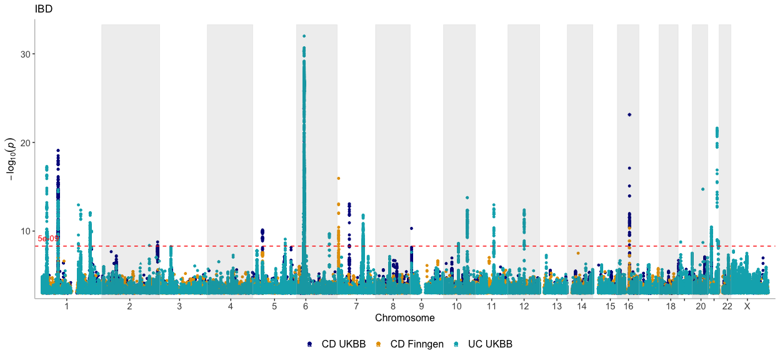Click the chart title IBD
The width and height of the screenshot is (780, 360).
point(44,8)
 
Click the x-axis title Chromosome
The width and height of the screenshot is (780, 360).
point(404,318)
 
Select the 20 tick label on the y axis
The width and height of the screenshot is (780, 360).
point(26,143)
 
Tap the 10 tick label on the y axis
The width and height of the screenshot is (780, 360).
point(26,231)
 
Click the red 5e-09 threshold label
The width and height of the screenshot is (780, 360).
point(48,239)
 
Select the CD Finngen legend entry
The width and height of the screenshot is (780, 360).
point(410,344)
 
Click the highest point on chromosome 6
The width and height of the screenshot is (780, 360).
point(304,36)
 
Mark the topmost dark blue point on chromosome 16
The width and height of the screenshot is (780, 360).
point(629,115)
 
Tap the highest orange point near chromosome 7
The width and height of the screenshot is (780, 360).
point(338,178)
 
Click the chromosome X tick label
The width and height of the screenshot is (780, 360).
point(747,307)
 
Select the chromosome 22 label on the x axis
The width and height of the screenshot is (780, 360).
point(727,307)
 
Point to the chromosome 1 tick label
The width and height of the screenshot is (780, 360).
point(66,307)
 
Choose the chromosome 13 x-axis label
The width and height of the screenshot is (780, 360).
point(557,307)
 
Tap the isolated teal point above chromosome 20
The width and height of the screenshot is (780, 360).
point(702,189)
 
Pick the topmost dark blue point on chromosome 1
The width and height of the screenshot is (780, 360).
point(58,151)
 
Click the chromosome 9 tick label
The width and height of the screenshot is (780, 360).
point(421,307)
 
